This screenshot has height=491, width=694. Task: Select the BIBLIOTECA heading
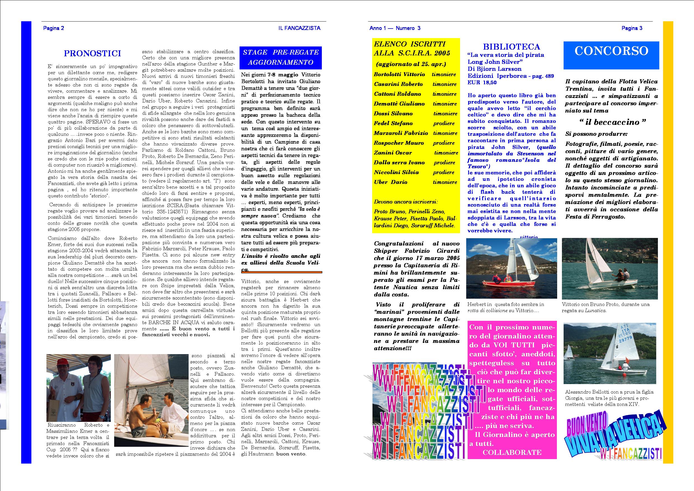(x=512, y=46)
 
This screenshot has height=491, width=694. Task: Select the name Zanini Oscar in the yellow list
(x=393, y=153)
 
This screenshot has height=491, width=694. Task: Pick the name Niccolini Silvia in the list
(x=396, y=172)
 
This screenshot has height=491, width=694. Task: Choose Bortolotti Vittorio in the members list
(x=399, y=74)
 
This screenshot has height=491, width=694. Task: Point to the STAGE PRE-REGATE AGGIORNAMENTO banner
(x=280, y=57)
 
